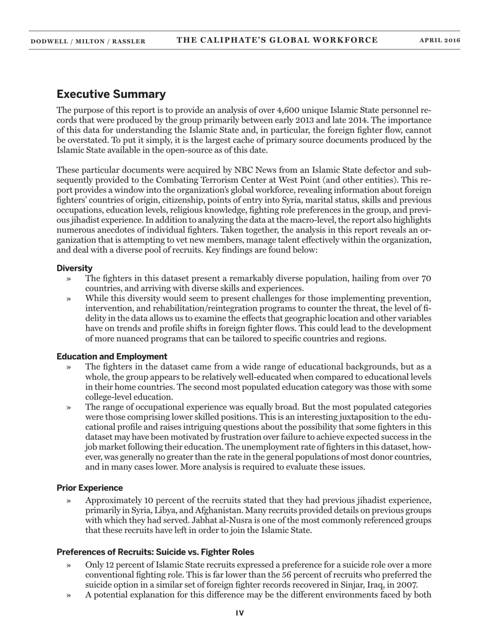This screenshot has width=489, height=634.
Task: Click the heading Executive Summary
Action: click(111, 94)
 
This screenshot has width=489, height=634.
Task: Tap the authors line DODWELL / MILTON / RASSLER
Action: click(88, 41)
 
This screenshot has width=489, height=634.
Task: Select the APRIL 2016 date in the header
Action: click(440, 41)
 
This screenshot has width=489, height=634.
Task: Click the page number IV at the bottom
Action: click(240, 613)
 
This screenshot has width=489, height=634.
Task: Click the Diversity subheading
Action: click(75, 268)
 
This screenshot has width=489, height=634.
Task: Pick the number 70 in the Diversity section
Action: click(426, 278)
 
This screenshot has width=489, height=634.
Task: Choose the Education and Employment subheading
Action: click(112, 357)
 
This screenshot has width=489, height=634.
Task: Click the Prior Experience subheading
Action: click(90, 488)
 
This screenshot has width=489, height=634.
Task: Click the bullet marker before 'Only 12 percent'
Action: click(69, 565)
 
